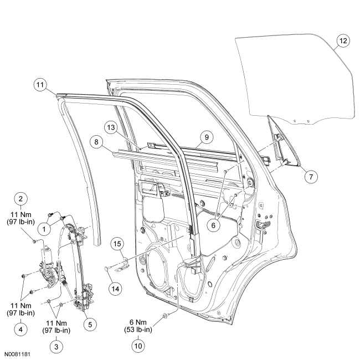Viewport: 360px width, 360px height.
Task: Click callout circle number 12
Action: [343, 40]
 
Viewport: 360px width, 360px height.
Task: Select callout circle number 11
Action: [39, 85]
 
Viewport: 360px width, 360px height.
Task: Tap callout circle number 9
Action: [204, 135]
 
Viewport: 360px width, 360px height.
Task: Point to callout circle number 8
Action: [96, 142]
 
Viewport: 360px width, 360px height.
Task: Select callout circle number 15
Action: [117, 244]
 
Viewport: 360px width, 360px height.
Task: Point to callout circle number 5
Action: [86, 321]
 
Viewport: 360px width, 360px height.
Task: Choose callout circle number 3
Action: [55, 346]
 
